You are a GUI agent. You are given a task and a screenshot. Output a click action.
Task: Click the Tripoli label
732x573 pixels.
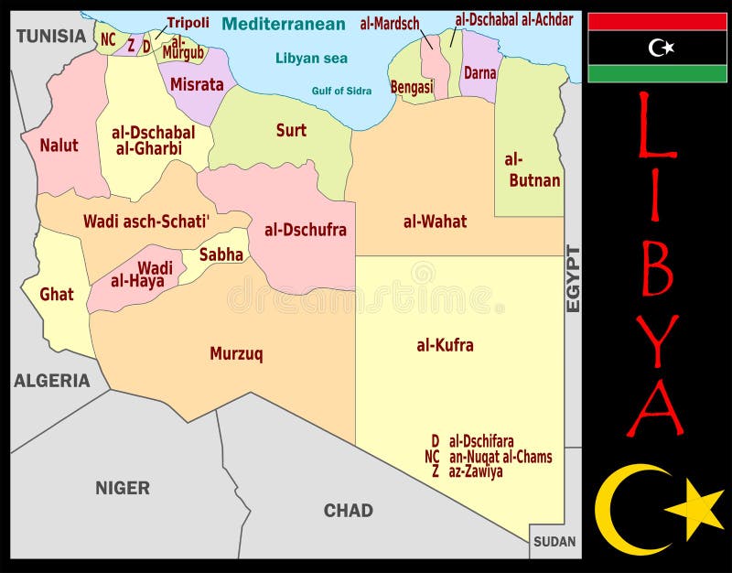188,23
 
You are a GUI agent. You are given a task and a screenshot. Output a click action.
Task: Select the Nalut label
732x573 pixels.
59,145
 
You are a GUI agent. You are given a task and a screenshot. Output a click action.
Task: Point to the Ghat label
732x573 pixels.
57,295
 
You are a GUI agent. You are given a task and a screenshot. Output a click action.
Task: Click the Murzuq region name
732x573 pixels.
236,353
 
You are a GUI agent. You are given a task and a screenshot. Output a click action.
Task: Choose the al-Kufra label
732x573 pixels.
445,345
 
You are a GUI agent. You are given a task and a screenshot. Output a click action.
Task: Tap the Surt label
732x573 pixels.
291,130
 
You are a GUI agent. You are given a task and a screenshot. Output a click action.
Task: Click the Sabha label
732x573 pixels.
221,254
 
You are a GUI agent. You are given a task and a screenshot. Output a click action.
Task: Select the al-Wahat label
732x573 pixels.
435,221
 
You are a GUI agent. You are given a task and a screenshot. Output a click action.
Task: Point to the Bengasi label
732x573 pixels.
412,87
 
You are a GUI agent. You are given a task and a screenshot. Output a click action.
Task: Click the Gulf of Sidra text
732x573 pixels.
341,91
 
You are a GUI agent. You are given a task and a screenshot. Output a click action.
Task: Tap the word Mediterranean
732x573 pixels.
284,25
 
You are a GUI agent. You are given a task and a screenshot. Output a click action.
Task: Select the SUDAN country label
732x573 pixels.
555,541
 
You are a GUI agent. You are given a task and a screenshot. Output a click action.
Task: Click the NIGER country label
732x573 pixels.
123,488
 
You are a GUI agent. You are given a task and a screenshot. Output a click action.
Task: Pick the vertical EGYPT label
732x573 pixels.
574,279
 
